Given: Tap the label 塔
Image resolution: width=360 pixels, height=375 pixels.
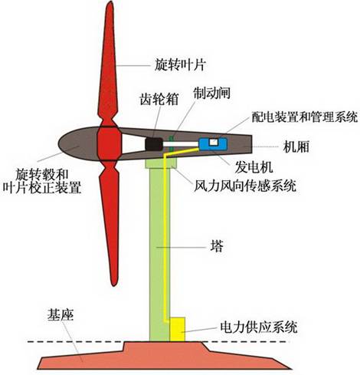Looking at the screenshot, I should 216,248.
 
